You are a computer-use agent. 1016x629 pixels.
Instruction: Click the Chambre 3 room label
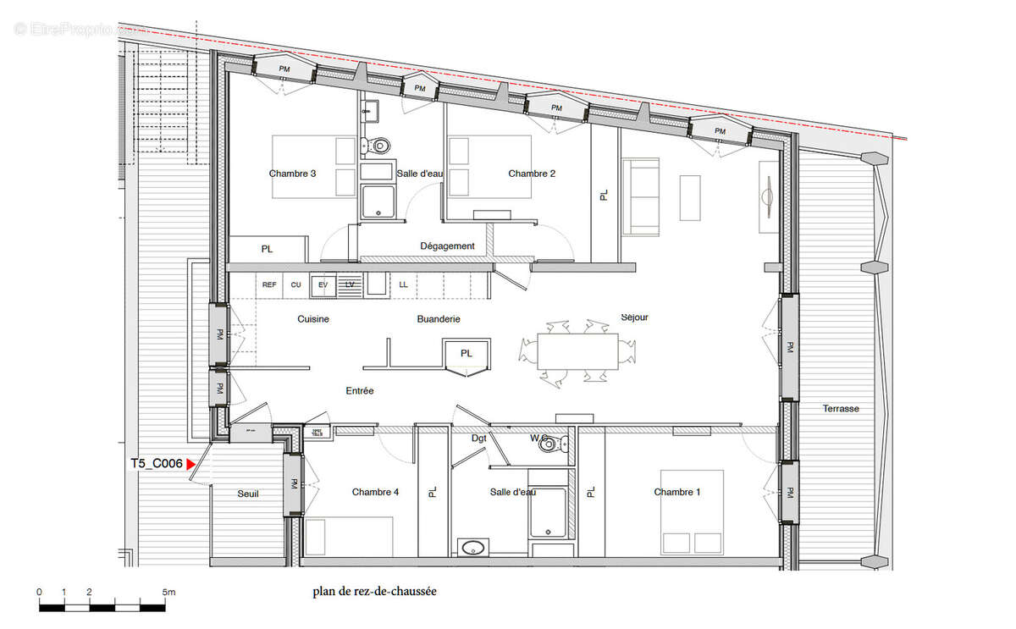click(293, 174)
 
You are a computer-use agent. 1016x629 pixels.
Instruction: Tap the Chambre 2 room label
click(532, 174)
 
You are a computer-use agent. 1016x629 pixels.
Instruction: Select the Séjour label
click(634, 317)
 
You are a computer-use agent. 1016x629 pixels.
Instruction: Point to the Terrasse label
click(841, 409)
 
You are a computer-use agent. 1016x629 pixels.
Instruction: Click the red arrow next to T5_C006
click(191, 464)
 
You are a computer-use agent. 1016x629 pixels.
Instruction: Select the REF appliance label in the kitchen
click(269, 285)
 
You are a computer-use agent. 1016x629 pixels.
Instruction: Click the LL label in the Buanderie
click(403, 285)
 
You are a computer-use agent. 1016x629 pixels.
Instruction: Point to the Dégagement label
click(448, 246)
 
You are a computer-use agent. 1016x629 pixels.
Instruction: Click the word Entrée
click(360, 391)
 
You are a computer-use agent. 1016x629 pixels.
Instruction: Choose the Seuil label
click(247, 493)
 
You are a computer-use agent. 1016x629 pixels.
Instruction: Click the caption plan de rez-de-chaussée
click(374, 593)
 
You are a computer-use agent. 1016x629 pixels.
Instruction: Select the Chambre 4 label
click(375, 492)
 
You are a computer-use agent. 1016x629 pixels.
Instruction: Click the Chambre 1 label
click(676, 492)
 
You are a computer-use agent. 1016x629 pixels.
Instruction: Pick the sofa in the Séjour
click(642, 197)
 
